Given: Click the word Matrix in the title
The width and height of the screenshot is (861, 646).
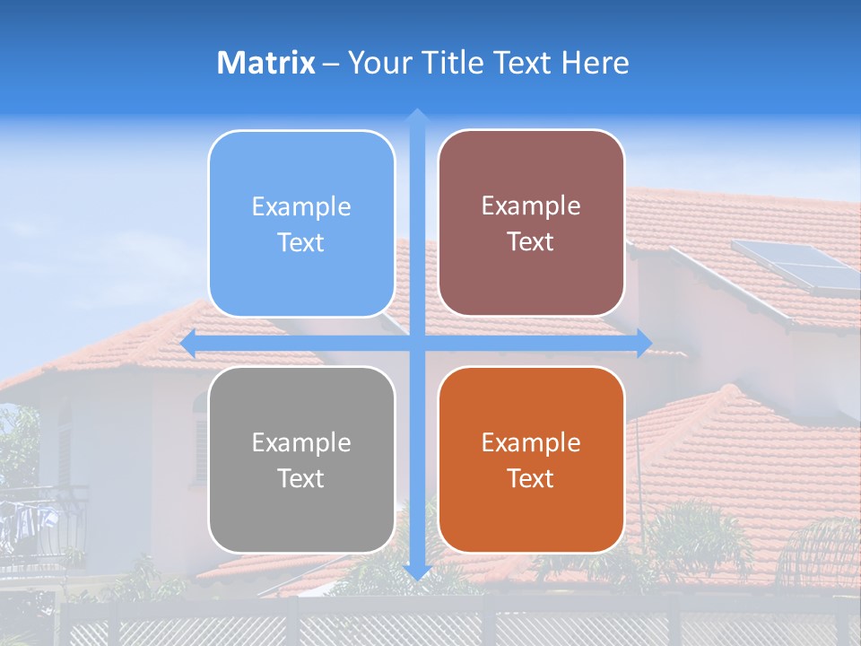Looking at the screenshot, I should [x=266, y=63].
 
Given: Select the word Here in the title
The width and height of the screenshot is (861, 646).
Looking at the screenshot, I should [x=596, y=63].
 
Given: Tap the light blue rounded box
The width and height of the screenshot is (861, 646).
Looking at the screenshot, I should [x=301, y=223].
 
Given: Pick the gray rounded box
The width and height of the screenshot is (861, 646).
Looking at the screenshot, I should [x=301, y=459].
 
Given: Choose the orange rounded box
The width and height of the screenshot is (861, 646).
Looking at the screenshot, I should [x=531, y=459].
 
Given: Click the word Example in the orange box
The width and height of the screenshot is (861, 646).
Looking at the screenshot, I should [x=531, y=442].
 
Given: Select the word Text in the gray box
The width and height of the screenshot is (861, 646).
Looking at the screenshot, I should [x=301, y=478].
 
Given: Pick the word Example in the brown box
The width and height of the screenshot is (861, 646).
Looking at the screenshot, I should [x=531, y=205].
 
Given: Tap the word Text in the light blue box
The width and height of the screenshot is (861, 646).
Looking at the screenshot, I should [x=301, y=242].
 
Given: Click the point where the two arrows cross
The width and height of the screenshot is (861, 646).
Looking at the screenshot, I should [x=416, y=343].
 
